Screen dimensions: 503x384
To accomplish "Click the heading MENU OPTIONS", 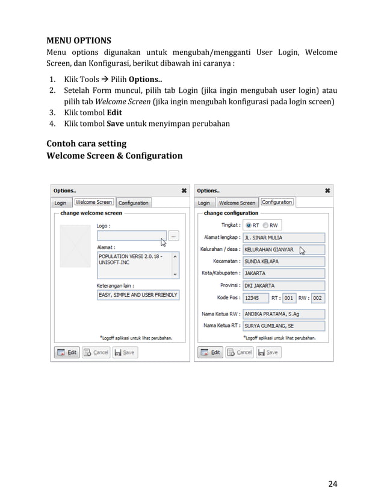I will tap(79, 41).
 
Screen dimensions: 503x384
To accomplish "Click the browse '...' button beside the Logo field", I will tap(174, 236).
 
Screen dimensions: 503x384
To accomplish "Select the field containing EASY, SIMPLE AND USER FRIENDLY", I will tap(138, 295).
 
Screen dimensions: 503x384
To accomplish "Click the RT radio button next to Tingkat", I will tap(247, 225).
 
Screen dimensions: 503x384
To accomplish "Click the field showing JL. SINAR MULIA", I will tap(283, 238).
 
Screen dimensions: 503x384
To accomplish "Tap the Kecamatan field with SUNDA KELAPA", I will tap(283, 262).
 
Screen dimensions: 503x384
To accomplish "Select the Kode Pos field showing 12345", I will tap(255, 297).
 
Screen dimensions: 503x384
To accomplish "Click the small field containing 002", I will tap(317, 297).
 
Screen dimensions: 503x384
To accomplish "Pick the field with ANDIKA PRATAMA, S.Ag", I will tap(283, 314).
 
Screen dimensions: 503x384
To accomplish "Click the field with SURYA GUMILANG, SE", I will tap(283, 326).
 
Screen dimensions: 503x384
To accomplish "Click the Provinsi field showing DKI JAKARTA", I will tap(283, 285).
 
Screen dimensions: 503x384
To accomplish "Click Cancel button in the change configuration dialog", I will tap(240, 352).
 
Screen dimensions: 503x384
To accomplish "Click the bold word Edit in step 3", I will tap(114, 112).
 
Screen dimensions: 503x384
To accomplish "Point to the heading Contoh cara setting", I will tap(87, 144).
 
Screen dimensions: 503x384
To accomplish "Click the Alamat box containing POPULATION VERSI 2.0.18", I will tap(134, 264).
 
